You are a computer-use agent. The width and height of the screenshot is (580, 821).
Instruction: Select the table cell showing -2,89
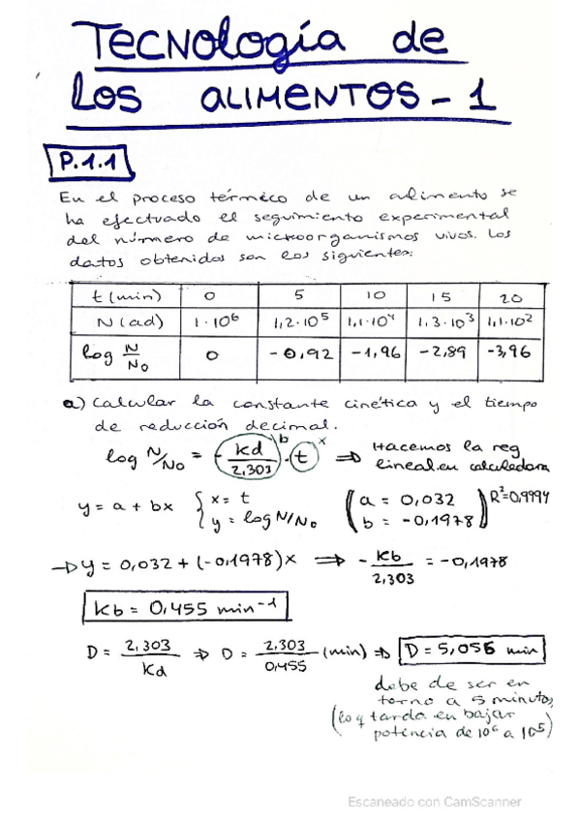coord(441,353)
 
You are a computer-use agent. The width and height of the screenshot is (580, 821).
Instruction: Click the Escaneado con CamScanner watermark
coord(435,802)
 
